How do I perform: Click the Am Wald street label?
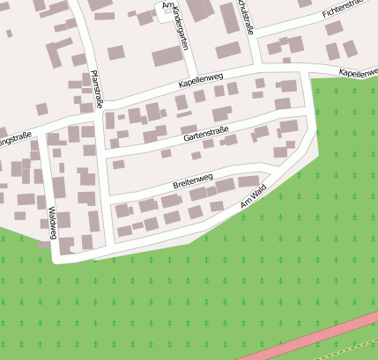pos(253,198)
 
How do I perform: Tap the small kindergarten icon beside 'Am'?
pos(167,10)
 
